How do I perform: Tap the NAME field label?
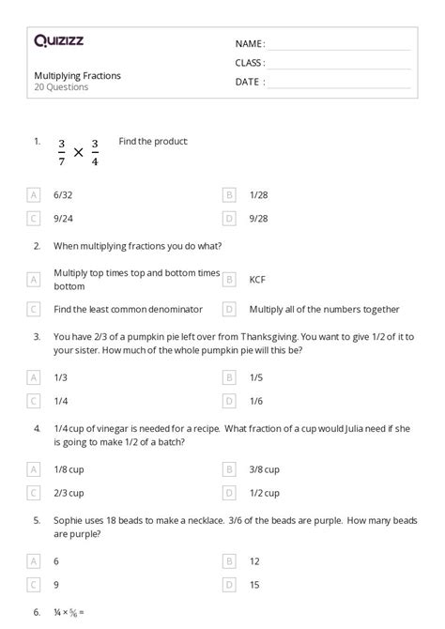[250, 44]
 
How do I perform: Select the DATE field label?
[249, 82]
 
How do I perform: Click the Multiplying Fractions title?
[77, 75]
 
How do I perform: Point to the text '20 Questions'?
[61, 87]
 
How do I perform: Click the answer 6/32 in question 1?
[63, 194]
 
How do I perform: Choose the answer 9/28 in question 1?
[258, 219]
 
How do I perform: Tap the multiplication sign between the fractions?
[78, 153]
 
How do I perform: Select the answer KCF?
[257, 279]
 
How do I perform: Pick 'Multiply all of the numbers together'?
[324, 309]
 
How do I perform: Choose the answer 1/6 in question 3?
[256, 401]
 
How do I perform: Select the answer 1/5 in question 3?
[256, 377]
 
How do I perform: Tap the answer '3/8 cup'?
[265, 468]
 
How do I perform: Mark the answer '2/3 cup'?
[69, 492]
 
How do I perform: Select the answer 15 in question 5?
[254, 584]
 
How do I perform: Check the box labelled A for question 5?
[34, 560]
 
